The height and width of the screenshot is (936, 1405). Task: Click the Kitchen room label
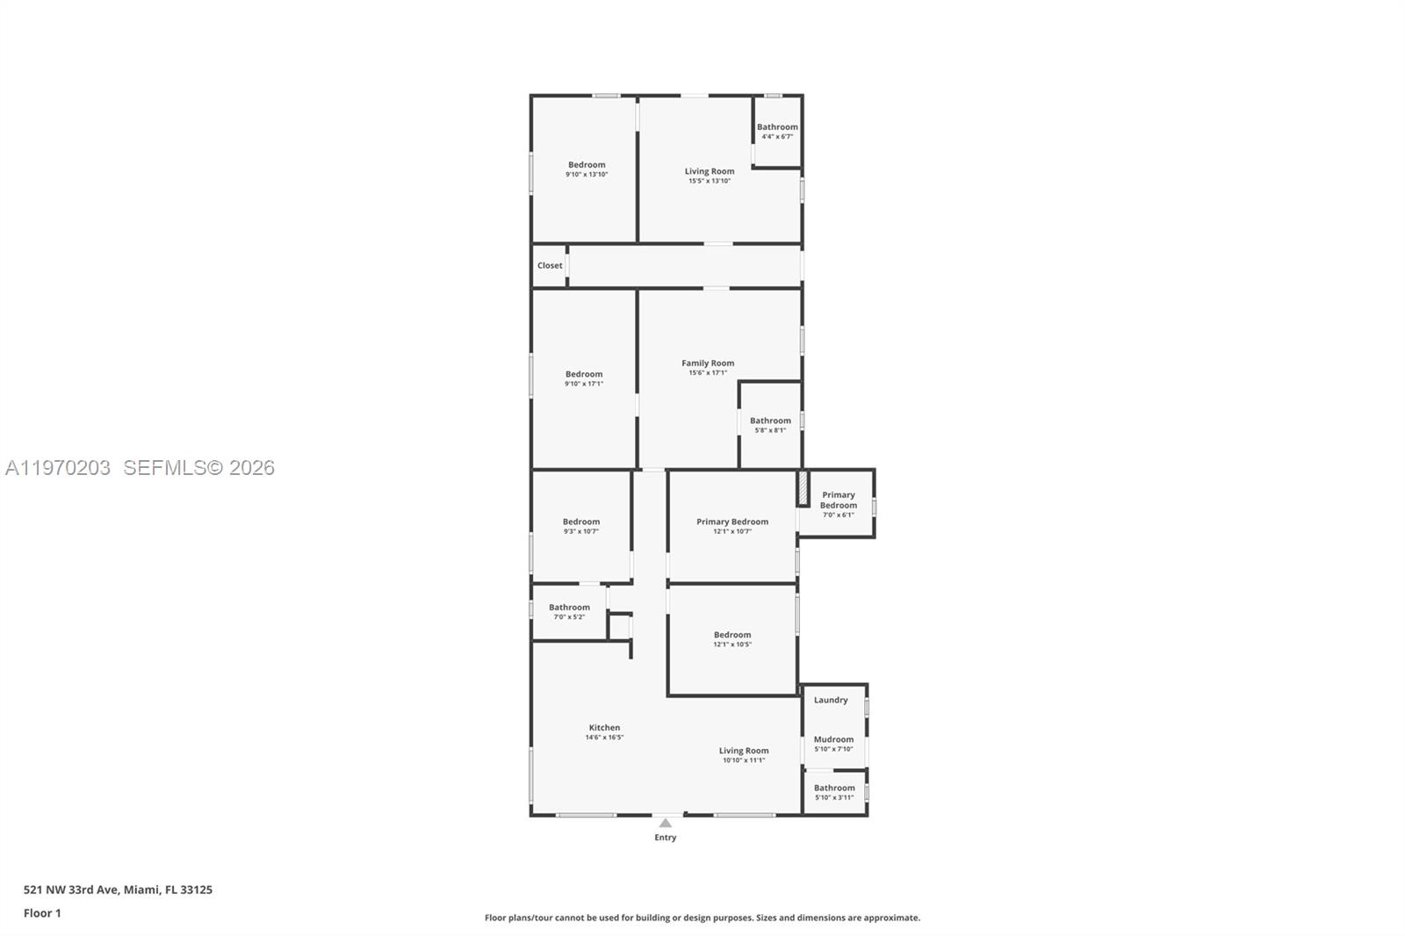click(604, 728)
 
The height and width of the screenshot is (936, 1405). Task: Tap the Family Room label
click(708, 364)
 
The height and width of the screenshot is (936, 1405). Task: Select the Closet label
click(550, 266)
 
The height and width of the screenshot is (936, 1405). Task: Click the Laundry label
click(831, 701)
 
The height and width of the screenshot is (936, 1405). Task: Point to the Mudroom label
click(833, 739)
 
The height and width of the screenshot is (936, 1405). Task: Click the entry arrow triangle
click(666, 823)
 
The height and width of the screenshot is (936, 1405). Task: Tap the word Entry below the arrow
click(666, 838)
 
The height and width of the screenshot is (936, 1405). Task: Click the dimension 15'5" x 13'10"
click(710, 181)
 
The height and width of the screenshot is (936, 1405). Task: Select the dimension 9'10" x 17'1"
click(584, 384)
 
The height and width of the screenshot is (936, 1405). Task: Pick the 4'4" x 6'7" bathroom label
click(777, 127)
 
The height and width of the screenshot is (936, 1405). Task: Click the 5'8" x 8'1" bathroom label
click(770, 421)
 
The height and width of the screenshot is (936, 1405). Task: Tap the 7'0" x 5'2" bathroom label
click(569, 608)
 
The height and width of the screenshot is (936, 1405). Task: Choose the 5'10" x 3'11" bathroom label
click(834, 788)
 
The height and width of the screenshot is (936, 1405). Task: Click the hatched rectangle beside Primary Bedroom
click(803, 488)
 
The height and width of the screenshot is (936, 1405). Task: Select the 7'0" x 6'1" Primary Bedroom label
click(839, 500)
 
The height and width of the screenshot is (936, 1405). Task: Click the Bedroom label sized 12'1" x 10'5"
click(732, 635)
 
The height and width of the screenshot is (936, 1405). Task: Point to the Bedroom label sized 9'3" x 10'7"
click(581, 522)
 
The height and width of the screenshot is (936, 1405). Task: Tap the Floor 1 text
click(42, 913)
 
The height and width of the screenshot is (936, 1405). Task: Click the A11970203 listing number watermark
click(58, 468)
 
